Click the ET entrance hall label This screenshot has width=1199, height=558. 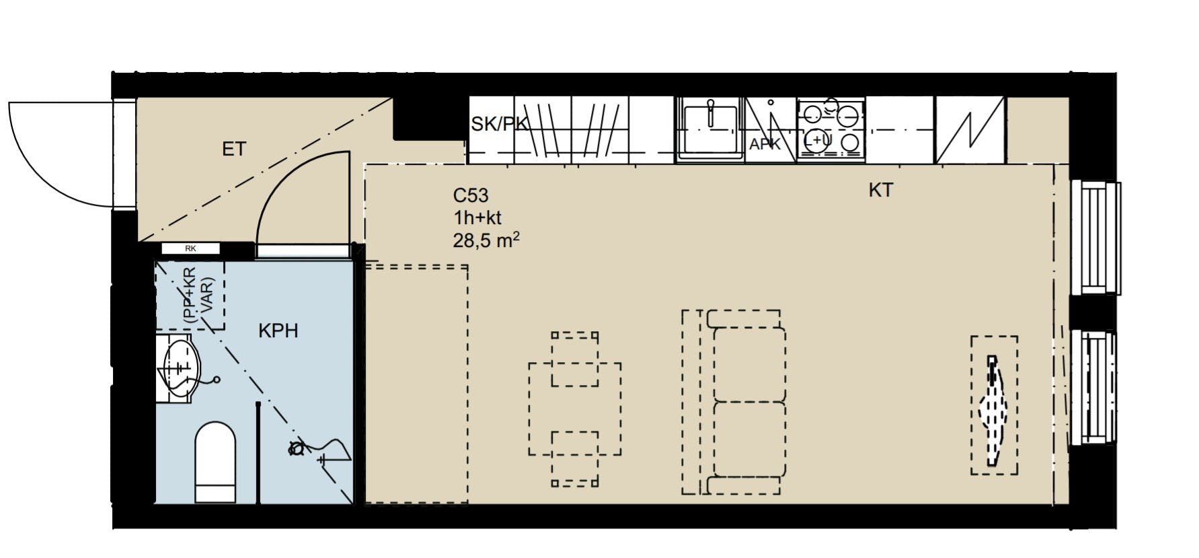click(x=234, y=149)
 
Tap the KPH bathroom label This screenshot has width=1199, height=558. click(x=278, y=331)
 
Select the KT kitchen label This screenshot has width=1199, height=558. click(x=880, y=190)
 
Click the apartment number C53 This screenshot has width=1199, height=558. click(x=470, y=196)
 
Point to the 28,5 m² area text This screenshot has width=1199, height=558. click(x=486, y=240)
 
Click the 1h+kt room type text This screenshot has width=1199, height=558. click(x=477, y=218)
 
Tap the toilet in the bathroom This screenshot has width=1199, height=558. click(x=216, y=462)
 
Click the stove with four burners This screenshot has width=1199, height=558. click(x=831, y=128)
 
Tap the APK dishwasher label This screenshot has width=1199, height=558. click(x=765, y=144)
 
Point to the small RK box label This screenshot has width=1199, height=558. click(x=190, y=248)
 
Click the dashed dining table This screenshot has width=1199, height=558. click(x=574, y=409)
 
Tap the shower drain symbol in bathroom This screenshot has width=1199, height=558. click(x=295, y=448)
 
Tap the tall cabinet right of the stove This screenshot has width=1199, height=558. click(x=970, y=130)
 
